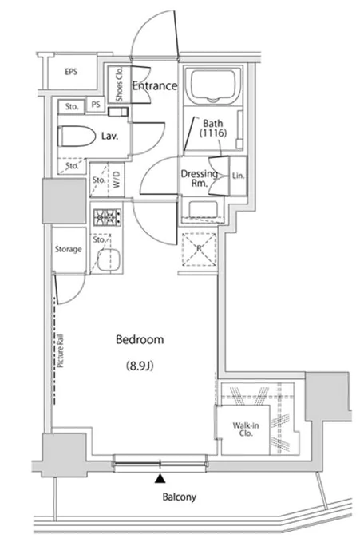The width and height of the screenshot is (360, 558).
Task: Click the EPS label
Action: pyautogui.click(x=71, y=72)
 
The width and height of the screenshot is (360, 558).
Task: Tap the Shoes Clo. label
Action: pyautogui.click(x=119, y=85)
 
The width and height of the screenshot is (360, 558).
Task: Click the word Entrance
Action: pyautogui.click(x=155, y=85)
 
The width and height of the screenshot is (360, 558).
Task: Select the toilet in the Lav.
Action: pyautogui.click(x=77, y=136)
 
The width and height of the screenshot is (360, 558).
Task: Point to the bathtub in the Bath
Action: pyautogui.click(x=213, y=86)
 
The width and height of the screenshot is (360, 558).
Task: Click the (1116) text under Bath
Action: pyautogui.click(x=212, y=133)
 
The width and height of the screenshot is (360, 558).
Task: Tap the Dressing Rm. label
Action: pyautogui.click(x=200, y=178)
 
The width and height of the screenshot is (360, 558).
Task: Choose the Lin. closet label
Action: pyautogui.click(x=238, y=176)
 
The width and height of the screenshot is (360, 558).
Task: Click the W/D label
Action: pyautogui.click(x=117, y=180)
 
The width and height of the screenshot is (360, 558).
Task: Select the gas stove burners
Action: pyautogui.click(x=107, y=217)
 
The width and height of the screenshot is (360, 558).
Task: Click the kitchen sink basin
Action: pyautogui.click(x=108, y=259)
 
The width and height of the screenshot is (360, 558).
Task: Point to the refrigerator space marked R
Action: pyautogui.click(x=199, y=249)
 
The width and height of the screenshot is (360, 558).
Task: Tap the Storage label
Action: pyautogui.click(x=69, y=249)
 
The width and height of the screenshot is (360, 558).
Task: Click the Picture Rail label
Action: pyautogui.click(x=60, y=351)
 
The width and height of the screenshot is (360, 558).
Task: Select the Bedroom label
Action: pyautogui.click(x=140, y=339)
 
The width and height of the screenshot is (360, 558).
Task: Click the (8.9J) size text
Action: pyautogui.click(x=140, y=366)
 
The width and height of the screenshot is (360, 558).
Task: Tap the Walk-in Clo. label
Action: pyautogui.click(x=246, y=429)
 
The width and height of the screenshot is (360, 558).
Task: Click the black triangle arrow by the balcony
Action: pyautogui.click(x=160, y=479)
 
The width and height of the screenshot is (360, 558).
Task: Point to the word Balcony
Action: pyautogui.click(x=180, y=497)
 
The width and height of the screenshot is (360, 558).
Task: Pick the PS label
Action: pyautogui.click(x=96, y=105)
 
